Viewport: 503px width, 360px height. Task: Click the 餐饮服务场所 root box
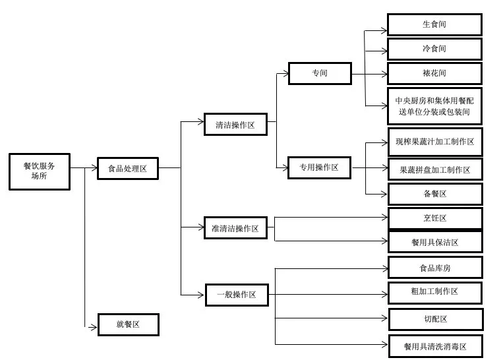40,171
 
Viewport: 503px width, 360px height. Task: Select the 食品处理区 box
128,168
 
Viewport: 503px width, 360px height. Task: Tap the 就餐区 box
129,324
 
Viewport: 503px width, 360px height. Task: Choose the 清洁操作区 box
235,124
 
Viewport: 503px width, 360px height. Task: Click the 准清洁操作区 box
235,228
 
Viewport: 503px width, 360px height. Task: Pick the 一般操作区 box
237,295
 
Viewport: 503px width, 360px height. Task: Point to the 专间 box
320,73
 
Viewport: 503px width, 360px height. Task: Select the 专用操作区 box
319,167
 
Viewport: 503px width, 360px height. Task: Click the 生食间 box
434,24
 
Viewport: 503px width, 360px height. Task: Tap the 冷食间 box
434,49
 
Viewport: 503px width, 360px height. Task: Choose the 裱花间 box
434,73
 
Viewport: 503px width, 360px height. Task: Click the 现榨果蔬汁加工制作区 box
435,142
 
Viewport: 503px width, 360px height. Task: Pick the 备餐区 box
435,194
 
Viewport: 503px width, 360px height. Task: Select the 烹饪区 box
435,218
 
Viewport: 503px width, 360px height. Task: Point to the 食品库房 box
435,267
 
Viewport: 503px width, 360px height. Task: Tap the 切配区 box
436,319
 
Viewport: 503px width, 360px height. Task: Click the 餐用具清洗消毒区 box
436,346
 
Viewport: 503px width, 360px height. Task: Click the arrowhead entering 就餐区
94,327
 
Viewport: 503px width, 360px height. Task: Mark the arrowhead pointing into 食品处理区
94,167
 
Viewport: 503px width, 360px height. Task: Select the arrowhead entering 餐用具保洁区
384,241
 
